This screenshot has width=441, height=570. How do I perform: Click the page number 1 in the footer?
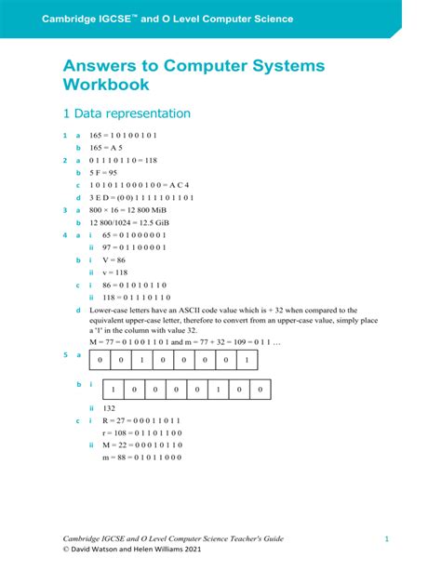[385, 538]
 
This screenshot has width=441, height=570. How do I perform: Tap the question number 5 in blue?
[64, 355]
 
